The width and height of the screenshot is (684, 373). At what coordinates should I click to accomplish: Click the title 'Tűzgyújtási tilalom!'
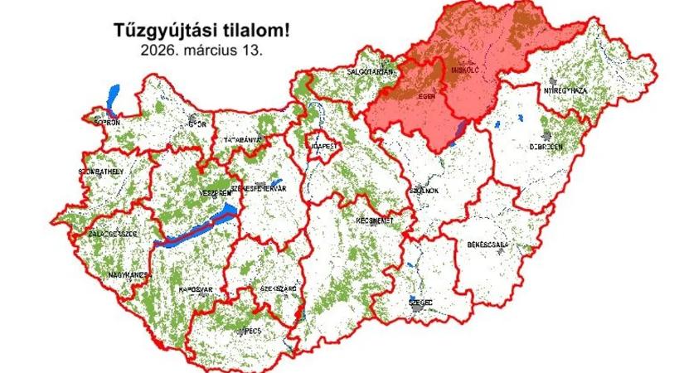(x=202, y=31)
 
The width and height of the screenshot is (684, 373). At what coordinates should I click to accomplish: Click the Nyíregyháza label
(x=565, y=89)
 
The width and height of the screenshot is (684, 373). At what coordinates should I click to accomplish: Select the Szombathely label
(x=102, y=171)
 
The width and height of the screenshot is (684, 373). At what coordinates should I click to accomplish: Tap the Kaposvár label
(x=196, y=289)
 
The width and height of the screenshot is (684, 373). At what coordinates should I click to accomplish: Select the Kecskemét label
(x=374, y=223)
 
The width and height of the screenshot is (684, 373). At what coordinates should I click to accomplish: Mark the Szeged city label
(x=420, y=303)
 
